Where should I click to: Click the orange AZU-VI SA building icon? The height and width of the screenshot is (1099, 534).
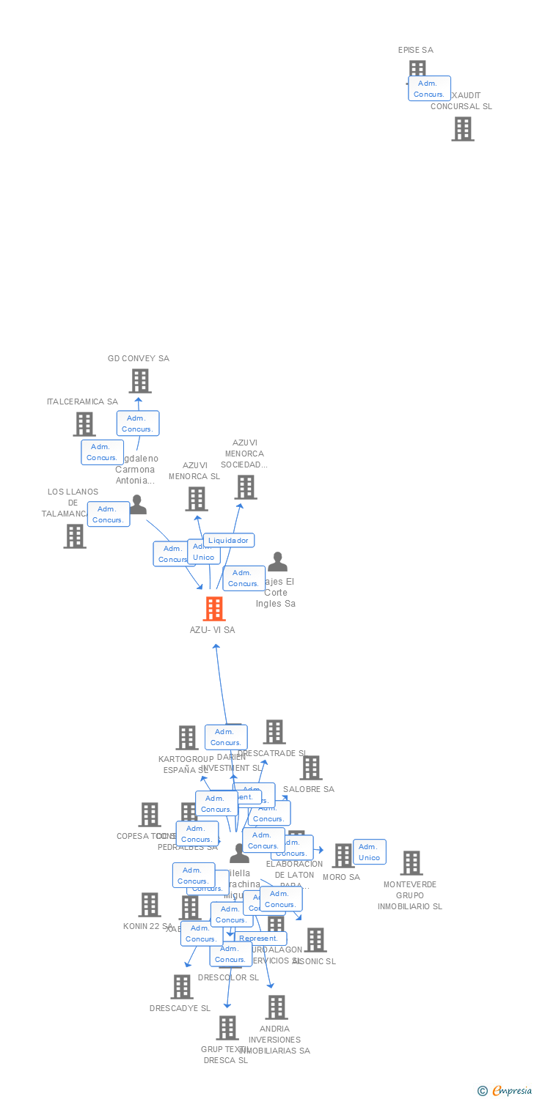point(214,609)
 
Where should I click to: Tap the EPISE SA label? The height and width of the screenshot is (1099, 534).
point(415,50)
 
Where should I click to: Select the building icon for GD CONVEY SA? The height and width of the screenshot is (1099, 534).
point(140,381)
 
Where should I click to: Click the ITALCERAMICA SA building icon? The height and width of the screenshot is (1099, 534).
point(84,424)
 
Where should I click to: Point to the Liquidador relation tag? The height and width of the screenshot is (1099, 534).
point(229,540)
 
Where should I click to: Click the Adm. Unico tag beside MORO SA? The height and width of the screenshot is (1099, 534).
point(369,852)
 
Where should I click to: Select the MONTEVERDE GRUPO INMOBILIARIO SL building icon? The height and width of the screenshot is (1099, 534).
point(412,863)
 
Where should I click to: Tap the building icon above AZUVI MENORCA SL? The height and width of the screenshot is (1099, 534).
point(197,499)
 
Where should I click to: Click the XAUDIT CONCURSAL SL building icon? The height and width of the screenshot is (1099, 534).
point(463,129)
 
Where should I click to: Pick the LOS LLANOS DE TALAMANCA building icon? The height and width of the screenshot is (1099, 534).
point(75,536)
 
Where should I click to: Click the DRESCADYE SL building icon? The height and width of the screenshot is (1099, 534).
point(182,987)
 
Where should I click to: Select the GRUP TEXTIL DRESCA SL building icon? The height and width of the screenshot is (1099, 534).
point(227,1028)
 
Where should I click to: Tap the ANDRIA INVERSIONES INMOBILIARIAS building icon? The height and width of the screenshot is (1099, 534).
point(277,1007)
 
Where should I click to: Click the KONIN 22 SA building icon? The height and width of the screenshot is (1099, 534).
point(150,905)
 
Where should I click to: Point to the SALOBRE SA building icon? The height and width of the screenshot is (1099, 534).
point(311,768)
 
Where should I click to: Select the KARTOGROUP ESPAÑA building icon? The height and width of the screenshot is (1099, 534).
point(188,738)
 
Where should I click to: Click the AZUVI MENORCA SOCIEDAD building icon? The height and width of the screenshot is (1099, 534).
point(246,487)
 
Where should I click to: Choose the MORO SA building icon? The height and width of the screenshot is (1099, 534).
point(343,856)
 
